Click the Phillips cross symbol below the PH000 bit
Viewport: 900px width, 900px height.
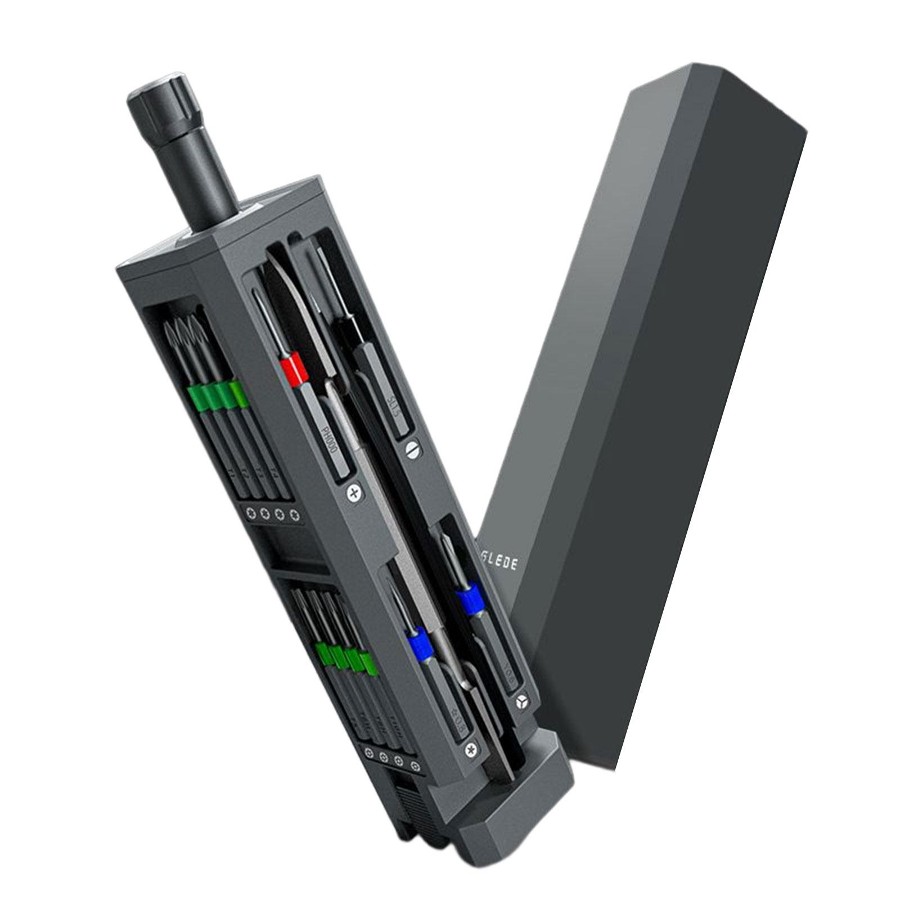pos(354,494)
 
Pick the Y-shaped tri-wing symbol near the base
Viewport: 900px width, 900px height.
pos(521,701)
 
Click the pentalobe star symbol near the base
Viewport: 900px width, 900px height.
pos(471,750)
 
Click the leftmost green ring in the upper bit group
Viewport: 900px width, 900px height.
pos(198,398)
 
